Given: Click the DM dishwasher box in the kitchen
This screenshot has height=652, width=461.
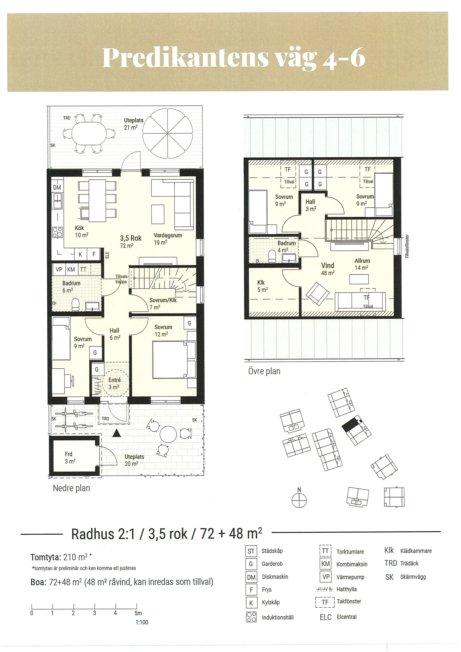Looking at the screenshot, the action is click(57, 187).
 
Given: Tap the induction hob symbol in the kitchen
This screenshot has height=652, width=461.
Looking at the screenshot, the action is click(57, 232).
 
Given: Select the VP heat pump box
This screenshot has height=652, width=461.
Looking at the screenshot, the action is click(59, 269).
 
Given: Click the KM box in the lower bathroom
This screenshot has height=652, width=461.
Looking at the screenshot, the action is click(71, 269).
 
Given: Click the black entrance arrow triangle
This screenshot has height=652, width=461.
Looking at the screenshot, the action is click(117, 433).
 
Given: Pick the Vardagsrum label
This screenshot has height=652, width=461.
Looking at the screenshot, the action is click(168, 235).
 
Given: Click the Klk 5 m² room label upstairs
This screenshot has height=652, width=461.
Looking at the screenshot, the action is click(262, 286).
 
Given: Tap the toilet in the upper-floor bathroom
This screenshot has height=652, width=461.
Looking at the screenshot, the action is click(272, 256).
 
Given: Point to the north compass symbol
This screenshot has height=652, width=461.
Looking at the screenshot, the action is click(299, 500).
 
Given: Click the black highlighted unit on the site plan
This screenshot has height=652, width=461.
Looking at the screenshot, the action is click(350, 425).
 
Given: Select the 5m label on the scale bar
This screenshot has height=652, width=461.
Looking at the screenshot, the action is click(138, 613).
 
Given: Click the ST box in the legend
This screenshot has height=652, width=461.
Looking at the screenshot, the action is click(251, 551).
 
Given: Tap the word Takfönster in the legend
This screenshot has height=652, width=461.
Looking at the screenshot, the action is click(349, 601).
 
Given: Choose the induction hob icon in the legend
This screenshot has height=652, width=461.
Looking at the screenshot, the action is click(251, 617).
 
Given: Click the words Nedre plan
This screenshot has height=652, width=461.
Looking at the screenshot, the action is click(71, 488).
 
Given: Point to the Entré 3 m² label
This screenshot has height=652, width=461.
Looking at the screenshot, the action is click(114, 383).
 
